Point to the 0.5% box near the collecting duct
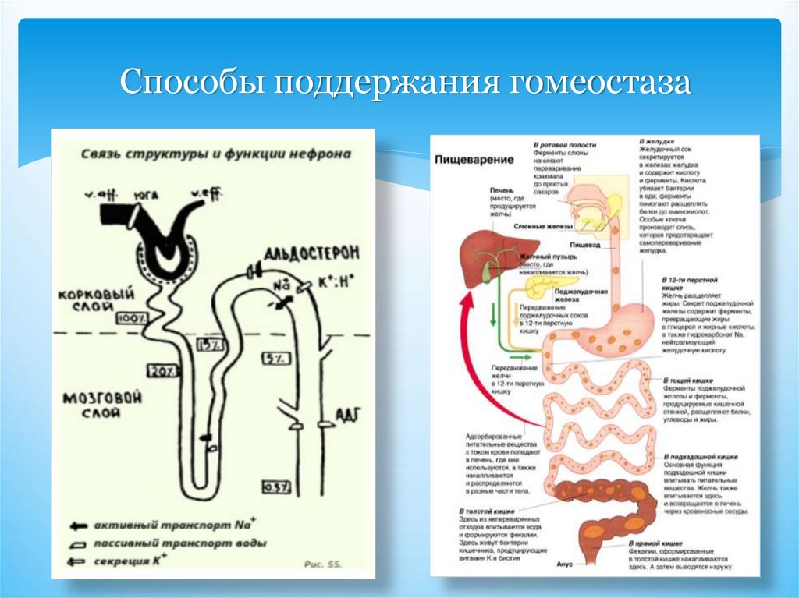[x=276, y=487]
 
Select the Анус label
[x=566, y=564]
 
